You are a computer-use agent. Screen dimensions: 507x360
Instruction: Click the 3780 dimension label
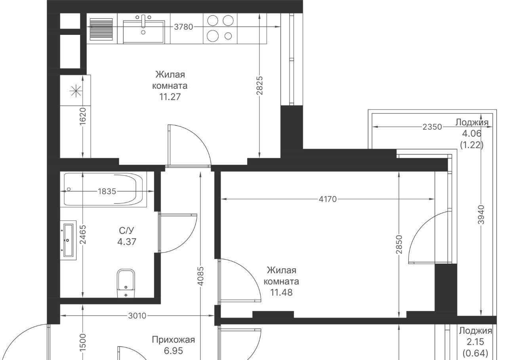point(183,27)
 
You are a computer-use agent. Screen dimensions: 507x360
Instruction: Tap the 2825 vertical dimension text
point(260,86)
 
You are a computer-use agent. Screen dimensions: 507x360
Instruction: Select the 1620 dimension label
point(83,116)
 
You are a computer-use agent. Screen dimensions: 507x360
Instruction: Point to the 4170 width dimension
point(328,199)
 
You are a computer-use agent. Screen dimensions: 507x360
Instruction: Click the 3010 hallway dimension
point(137,316)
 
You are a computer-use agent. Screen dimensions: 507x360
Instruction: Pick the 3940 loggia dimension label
point(481,214)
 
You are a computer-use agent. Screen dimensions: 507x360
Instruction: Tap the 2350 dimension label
point(432,127)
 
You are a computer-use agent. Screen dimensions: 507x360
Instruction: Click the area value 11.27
point(170,97)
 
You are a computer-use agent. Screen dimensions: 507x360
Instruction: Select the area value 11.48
point(281,293)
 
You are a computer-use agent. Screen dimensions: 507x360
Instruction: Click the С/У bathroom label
point(126,231)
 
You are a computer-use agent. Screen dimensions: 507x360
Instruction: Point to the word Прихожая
point(173,340)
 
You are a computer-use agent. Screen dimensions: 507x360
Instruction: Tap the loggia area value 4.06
point(472,134)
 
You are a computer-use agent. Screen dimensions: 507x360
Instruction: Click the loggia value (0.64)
point(475,353)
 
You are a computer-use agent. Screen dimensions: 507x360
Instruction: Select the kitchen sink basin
point(144,32)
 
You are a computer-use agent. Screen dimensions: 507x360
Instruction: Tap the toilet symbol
point(126,283)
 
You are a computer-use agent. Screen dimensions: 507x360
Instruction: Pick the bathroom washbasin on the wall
point(69,240)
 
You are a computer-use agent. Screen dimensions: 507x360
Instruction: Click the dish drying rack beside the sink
point(101,29)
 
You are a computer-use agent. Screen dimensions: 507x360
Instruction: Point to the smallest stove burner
point(228,36)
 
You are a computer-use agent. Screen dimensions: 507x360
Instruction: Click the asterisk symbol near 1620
point(76,91)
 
